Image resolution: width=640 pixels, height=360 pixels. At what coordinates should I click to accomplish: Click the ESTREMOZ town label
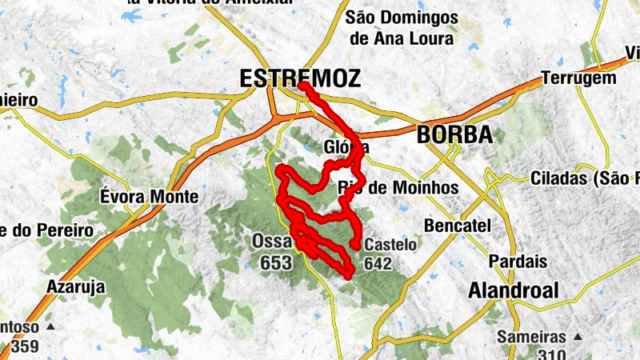pyautogui.click(x=299, y=78)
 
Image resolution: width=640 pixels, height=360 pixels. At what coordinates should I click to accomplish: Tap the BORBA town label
pyautogui.click(x=454, y=135)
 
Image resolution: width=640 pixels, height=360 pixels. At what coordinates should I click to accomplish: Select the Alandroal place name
pyautogui.click(x=514, y=290)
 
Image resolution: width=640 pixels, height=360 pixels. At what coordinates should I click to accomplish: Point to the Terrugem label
pyautogui.click(x=578, y=78)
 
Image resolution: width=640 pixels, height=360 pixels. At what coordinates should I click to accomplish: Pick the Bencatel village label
pyautogui.click(x=458, y=226)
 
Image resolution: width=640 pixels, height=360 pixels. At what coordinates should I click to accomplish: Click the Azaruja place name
pyautogui.click(x=77, y=286)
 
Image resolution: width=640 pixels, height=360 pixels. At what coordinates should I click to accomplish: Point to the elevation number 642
pyautogui.click(x=378, y=262)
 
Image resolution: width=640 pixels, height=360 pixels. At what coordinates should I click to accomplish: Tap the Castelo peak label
pyautogui.click(x=390, y=246)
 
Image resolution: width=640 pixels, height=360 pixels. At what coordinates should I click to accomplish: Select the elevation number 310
pyautogui.click(x=553, y=354)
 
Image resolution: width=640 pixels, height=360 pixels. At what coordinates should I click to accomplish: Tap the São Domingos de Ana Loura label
pyautogui.click(x=402, y=27)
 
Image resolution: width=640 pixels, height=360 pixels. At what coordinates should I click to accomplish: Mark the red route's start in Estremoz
pyautogui.click(x=302, y=86)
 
